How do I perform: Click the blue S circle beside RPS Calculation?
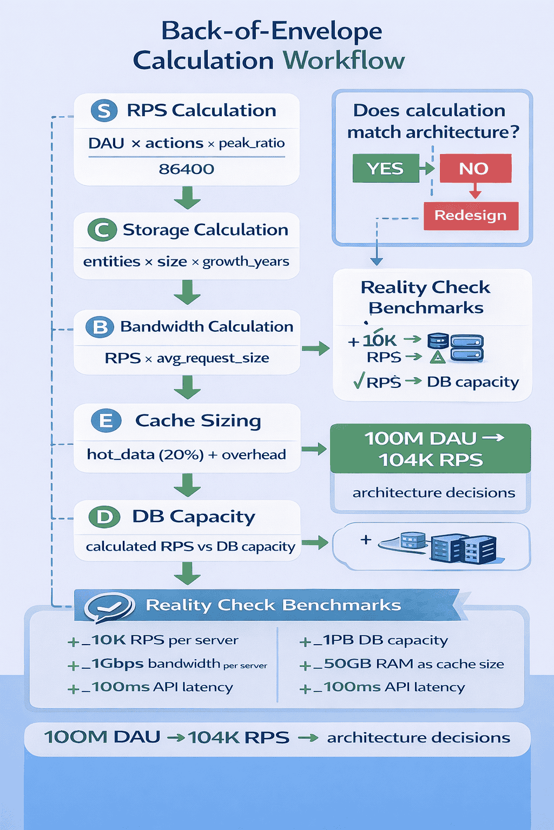tap(104, 111)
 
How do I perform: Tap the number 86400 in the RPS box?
tap(186, 169)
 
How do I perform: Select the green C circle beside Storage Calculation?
tap(102, 230)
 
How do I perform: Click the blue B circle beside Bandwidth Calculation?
tap(100, 327)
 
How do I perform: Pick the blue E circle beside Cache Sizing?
tap(106, 420)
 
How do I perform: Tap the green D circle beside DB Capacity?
tap(104, 517)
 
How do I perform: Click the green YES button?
tap(386, 169)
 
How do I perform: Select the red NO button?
tap(475, 169)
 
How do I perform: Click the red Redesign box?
tap(470, 216)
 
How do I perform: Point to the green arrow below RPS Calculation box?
tap(187, 198)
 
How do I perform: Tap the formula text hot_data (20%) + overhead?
tap(186, 454)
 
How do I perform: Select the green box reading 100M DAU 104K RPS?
tap(431, 449)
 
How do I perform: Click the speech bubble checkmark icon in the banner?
tap(110, 606)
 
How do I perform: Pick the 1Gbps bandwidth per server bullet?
tap(169, 664)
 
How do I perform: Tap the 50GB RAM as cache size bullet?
tap(403, 664)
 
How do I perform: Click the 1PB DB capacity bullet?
tap(374, 640)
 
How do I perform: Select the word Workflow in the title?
tap(344, 60)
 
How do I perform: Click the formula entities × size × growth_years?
tap(186, 262)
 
